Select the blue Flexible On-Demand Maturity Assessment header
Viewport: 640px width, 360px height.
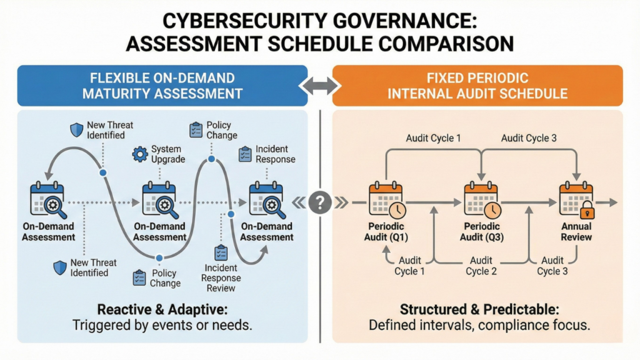[x=162, y=86]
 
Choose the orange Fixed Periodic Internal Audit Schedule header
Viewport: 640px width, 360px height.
[x=477, y=86]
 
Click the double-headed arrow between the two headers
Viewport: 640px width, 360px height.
[x=320, y=86]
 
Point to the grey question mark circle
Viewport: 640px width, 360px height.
[x=320, y=202]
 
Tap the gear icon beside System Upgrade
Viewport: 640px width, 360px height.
[x=141, y=154]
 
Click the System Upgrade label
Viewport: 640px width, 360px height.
[x=168, y=154]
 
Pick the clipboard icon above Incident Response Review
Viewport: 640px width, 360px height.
[x=221, y=252]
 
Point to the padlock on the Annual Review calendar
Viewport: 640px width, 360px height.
[x=587, y=211]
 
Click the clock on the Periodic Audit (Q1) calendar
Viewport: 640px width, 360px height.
[x=397, y=210]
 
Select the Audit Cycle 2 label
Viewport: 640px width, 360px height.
[x=481, y=266]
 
